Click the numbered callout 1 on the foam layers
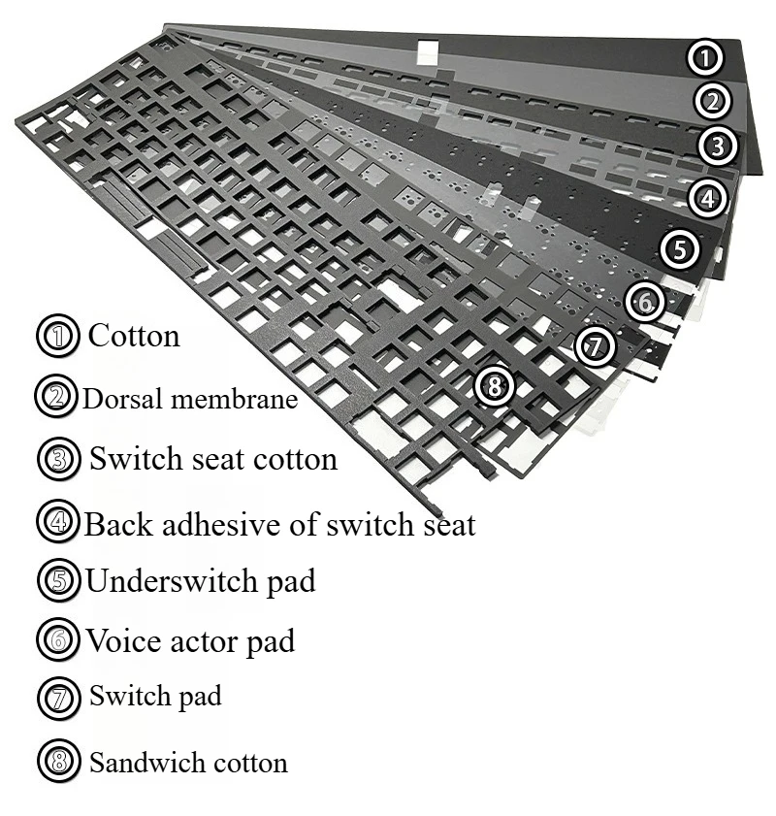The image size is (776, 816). click(706, 58)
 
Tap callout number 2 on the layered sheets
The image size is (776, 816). click(712, 101)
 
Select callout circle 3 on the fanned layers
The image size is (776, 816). click(717, 147)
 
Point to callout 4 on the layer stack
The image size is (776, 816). click(708, 199)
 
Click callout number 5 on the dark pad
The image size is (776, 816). click(680, 249)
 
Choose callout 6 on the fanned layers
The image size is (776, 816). click(645, 302)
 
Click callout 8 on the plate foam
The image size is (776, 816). click(495, 387)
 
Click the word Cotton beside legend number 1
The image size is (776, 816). click(134, 336)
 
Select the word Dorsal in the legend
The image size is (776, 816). click(115, 398)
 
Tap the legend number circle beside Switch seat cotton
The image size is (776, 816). click(58, 459)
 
